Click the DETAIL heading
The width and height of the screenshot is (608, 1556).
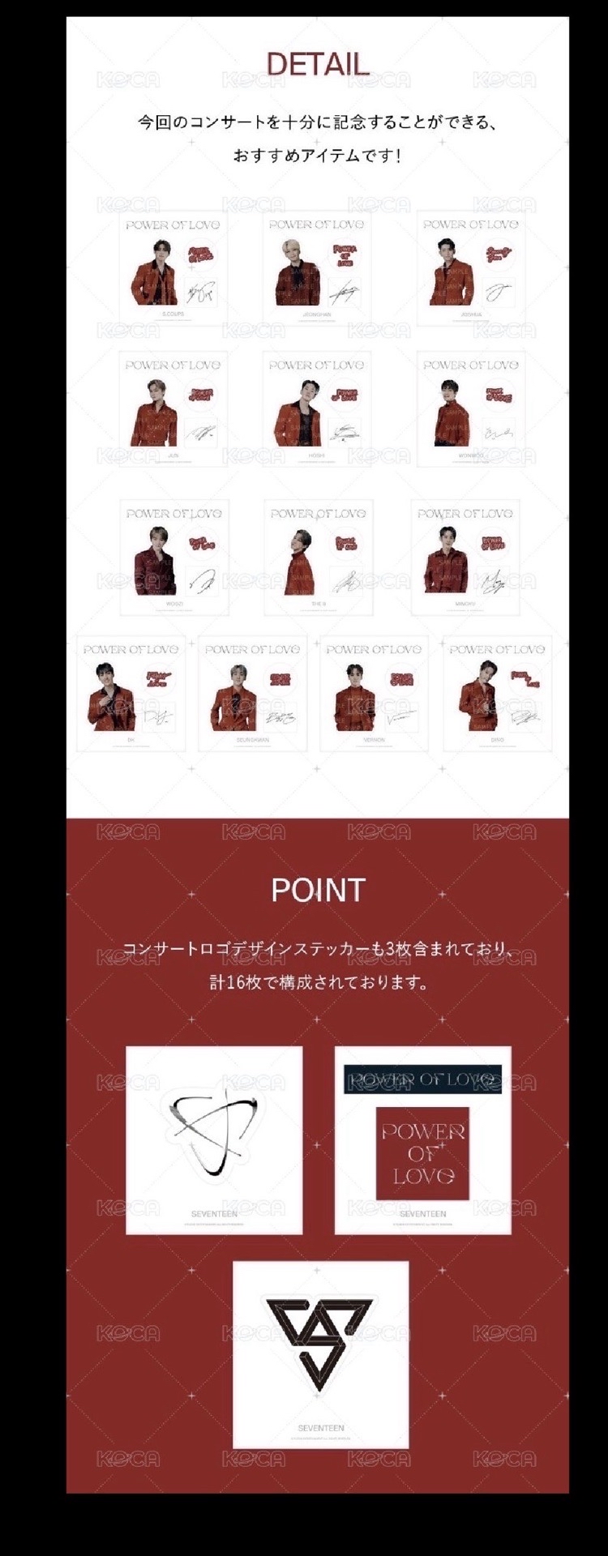click(318, 64)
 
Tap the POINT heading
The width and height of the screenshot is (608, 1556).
click(318, 890)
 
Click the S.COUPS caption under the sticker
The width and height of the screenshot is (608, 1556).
click(173, 314)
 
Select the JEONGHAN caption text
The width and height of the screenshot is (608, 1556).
click(316, 314)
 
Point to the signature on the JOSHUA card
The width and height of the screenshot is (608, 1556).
click(499, 289)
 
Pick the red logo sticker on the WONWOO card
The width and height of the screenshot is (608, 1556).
click(499, 395)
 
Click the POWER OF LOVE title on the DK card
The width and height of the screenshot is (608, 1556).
click(131, 649)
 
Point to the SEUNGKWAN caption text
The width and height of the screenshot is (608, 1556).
click(252, 740)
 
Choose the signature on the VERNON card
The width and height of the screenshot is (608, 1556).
click(399, 716)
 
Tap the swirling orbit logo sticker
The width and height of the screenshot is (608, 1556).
click(214, 1128)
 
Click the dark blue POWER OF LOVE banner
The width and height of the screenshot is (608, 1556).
click(422, 1079)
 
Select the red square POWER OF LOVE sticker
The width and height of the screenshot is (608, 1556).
click(422, 1153)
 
